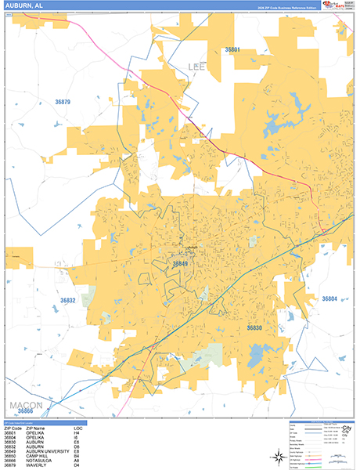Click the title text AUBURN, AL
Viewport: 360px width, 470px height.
[x=24, y=6]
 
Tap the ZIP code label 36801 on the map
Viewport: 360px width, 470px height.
[x=232, y=49]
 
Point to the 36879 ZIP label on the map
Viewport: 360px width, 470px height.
[x=63, y=102]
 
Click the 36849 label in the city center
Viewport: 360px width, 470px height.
[x=180, y=264]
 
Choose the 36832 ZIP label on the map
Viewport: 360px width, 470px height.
[x=68, y=300]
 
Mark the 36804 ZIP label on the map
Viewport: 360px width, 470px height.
[x=329, y=298]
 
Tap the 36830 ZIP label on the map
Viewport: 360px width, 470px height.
[x=255, y=327]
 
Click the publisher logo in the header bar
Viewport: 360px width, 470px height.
[x=339, y=6]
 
